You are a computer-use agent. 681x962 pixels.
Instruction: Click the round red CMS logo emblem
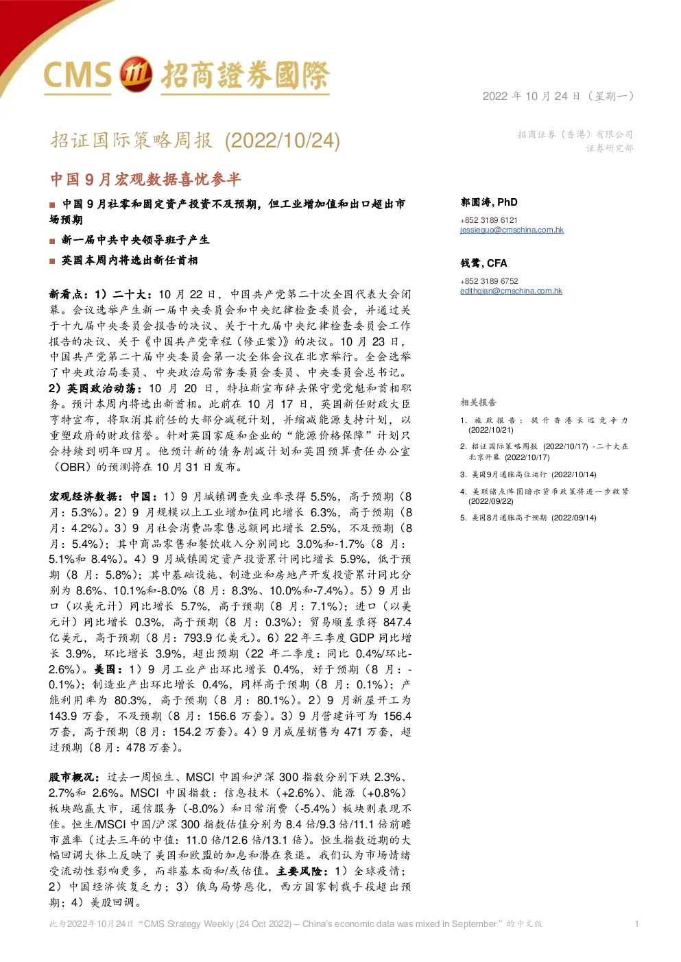[x=135, y=74]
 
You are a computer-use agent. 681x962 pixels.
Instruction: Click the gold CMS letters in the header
[x=77, y=75]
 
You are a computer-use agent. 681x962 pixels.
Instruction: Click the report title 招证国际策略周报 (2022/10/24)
[x=195, y=141]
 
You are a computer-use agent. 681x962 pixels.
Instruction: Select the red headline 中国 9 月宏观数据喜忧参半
[x=145, y=179]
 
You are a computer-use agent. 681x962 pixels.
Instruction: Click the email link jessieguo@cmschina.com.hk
[x=512, y=230]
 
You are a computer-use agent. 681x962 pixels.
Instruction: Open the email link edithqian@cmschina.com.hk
[x=512, y=291]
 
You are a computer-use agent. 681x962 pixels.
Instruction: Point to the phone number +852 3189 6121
[x=489, y=220]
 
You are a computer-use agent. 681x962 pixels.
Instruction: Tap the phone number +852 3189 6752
[x=489, y=281]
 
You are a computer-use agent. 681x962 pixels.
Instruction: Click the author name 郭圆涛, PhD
[x=489, y=202]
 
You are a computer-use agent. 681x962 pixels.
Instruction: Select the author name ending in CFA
[x=483, y=263]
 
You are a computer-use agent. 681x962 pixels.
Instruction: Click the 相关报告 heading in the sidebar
[x=478, y=402]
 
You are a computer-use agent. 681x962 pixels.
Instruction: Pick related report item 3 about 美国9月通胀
[x=529, y=474]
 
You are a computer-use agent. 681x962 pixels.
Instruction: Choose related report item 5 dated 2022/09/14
[x=529, y=518]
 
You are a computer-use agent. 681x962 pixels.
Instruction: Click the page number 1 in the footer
[x=636, y=924]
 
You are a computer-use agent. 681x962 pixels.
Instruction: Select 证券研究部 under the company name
[x=610, y=148]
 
